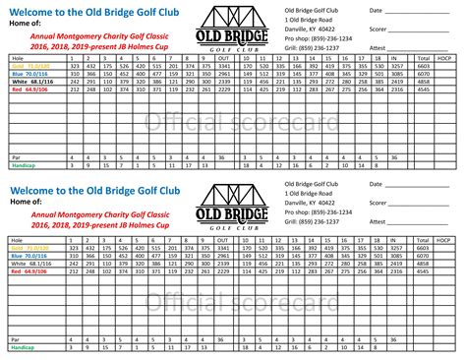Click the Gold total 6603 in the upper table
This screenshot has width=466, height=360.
point(424,66)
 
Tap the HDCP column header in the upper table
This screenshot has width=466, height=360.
point(449,58)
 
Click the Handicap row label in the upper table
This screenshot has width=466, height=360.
point(22,164)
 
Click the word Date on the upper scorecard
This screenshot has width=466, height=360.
point(376,10)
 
